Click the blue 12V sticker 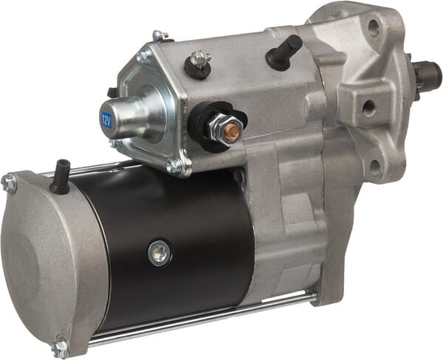(x=106, y=117)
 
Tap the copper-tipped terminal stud (x=233, y=130)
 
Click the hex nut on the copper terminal (x=225, y=129)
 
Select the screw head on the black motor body (x=159, y=253)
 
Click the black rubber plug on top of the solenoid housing (x=284, y=52)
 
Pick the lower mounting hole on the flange (x=376, y=165)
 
